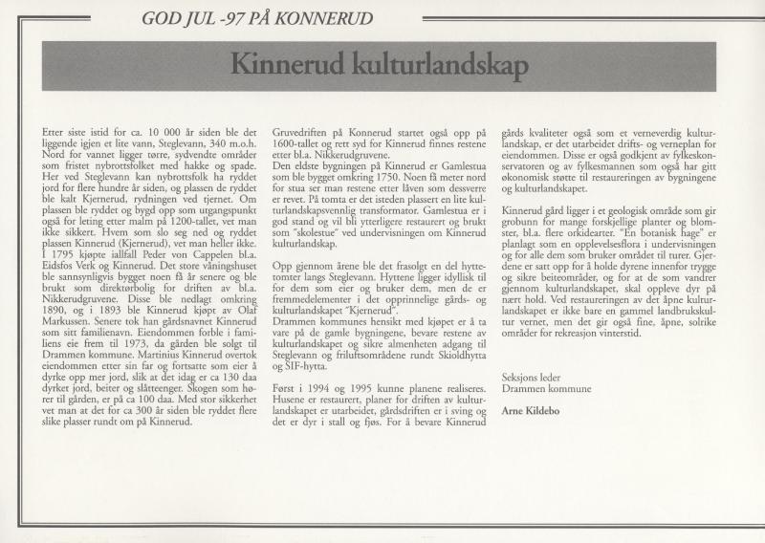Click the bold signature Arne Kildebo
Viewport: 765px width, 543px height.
click(x=535, y=409)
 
